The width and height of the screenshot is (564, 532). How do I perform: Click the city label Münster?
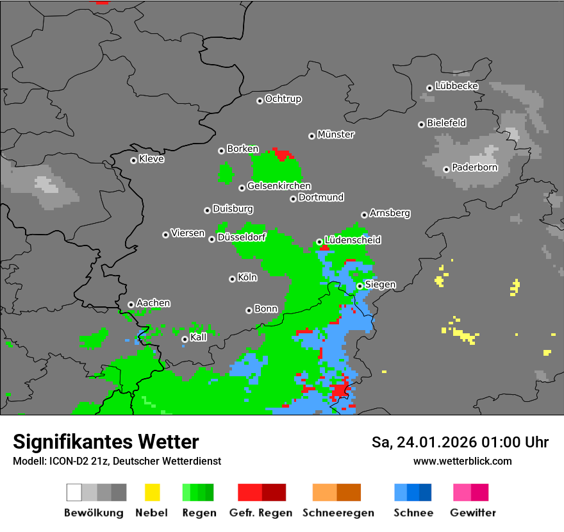point(336,135)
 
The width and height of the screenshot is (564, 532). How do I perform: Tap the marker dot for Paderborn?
point(446,169)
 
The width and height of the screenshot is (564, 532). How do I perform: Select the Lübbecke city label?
point(457,86)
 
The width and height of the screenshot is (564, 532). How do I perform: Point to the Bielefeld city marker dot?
point(421,124)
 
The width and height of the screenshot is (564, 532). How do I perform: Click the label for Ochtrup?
point(283,99)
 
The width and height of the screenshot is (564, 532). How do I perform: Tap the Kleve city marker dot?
point(133,160)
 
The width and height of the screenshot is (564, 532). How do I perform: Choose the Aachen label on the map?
point(153,303)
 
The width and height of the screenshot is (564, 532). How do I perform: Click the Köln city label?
point(247,278)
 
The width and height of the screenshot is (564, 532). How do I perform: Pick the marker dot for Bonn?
point(249,310)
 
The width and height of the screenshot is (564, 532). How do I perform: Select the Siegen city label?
point(381,285)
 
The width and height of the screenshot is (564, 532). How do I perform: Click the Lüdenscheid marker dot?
point(319,242)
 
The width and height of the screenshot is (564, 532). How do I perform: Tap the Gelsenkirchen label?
point(279,187)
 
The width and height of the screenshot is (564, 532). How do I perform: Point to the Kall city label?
point(199,337)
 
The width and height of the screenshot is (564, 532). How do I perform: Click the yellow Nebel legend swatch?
point(152,492)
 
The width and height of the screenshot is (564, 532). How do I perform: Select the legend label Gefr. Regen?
point(261,513)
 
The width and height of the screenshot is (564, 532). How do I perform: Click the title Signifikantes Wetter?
point(106,442)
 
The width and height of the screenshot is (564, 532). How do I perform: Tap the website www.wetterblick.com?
point(463,461)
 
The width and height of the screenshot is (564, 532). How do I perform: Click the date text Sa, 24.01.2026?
point(426,442)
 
